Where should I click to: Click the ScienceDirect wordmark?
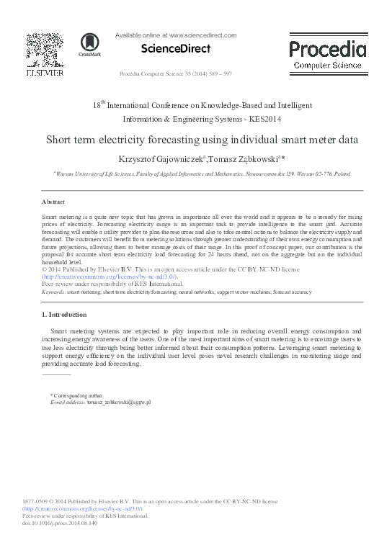click(176, 49)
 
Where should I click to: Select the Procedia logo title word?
click(327, 49)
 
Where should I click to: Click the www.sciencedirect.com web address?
click(202, 35)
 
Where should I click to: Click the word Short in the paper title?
click(61, 140)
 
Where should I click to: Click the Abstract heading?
click(53, 202)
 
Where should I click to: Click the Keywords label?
click(54, 292)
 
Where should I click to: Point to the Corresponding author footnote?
click(77, 395)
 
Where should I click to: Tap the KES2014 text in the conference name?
click(264, 119)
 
